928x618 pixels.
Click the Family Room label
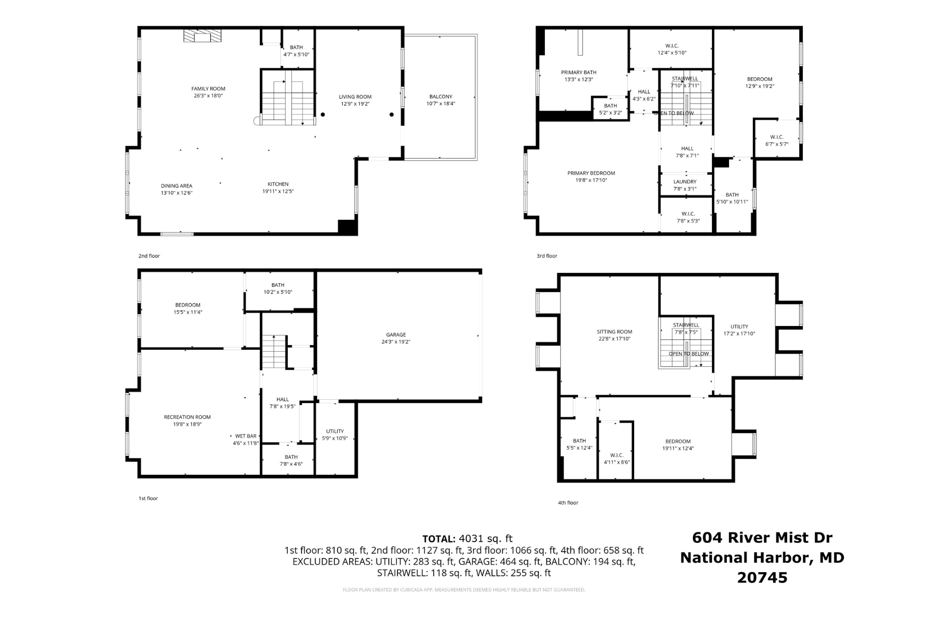coord(208,89)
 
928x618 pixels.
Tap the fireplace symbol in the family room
coord(202,36)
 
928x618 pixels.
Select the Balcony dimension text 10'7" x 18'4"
coord(440,104)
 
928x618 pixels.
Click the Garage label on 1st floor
coord(396,335)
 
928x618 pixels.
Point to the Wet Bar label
coord(245,436)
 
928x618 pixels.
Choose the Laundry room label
coord(685,182)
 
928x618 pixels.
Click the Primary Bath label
coord(578,73)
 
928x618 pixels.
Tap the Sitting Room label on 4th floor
coord(614,332)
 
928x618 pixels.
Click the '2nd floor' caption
coord(149,256)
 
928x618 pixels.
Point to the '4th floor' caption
coord(568,503)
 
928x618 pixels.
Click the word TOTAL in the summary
coord(438,539)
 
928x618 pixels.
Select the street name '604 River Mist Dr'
coord(761,538)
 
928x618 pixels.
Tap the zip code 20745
coord(762,578)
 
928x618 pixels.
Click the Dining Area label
coord(176,186)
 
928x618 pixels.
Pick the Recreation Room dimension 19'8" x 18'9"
coord(187,424)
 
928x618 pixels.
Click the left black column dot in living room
coord(323,115)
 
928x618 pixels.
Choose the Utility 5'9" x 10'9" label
coord(335,435)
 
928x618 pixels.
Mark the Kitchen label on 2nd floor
coord(278,184)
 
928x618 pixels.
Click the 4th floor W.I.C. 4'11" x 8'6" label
coord(617,459)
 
